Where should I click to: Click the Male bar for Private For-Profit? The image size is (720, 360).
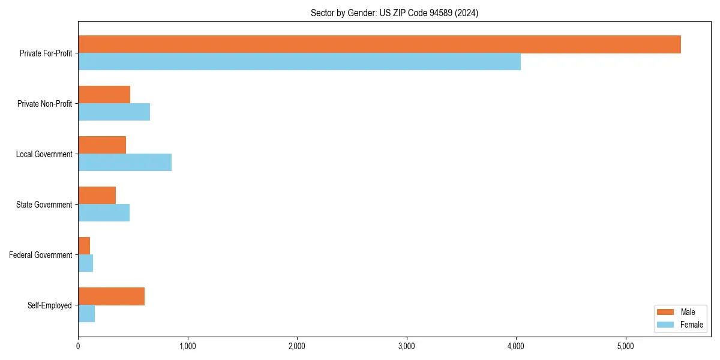(x=379, y=44)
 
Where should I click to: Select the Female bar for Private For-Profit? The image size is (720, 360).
(x=299, y=62)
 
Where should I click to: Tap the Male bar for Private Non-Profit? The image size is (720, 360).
(x=104, y=95)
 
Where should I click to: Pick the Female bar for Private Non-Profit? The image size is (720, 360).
(x=114, y=112)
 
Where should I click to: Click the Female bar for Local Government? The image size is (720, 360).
(x=125, y=163)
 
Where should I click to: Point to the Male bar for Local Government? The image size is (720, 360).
(x=102, y=145)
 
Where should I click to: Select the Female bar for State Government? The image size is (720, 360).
(x=104, y=213)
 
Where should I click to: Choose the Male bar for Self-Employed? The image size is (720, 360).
(x=112, y=296)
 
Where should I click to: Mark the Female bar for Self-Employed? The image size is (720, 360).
(x=86, y=314)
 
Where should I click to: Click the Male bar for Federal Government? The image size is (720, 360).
(x=84, y=246)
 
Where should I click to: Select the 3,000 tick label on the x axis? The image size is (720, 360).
(x=407, y=346)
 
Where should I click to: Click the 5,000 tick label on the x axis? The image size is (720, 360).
(x=626, y=346)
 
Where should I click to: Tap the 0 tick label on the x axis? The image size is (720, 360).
(x=78, y=346)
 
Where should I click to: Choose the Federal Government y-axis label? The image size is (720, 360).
(x=41, y=255)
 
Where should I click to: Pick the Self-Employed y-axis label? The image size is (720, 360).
(x=50, y=305)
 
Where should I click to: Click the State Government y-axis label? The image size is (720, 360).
(x=44, y=205)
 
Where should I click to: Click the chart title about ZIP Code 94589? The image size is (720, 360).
(x=394, y=13)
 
